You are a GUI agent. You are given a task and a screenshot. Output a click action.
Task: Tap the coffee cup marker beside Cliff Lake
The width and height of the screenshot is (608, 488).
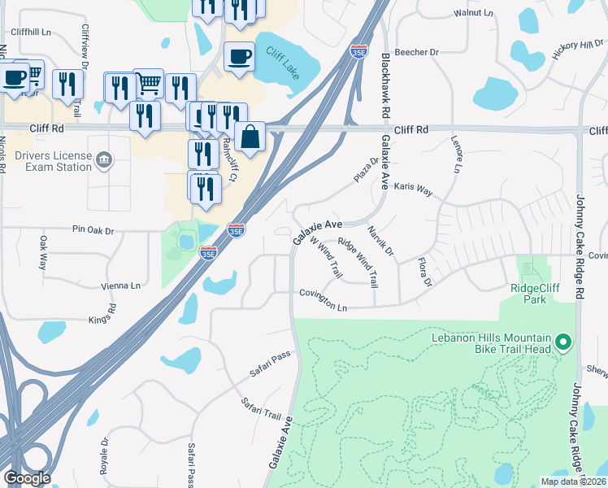tap(239, 56)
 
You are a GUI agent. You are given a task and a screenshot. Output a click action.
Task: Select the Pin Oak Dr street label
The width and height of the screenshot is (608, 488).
tap(93, 230)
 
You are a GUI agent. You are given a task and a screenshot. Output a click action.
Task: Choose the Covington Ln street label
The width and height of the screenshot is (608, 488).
tap(323, 299)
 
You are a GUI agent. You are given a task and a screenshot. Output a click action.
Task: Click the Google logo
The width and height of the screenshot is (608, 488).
tap(26, 477)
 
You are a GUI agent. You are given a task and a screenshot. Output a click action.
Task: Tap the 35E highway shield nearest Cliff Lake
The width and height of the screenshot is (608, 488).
tap(358, 51)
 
